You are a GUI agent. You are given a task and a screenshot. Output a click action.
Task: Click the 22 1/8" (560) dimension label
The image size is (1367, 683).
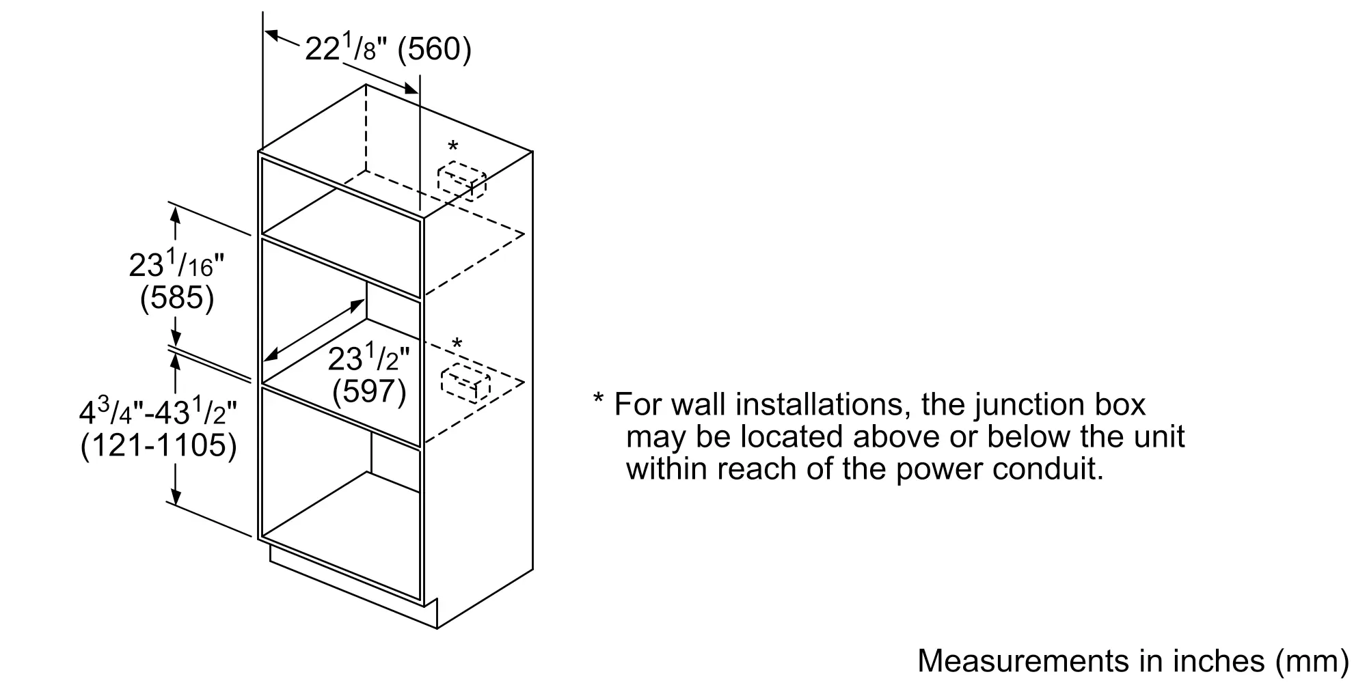[388, 49]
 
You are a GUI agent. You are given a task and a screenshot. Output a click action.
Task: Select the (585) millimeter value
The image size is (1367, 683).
[177, 298]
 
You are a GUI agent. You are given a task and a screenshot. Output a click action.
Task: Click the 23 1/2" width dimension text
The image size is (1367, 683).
[369, 358]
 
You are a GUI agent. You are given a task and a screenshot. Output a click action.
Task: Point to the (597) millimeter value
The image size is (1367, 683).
[369, 391]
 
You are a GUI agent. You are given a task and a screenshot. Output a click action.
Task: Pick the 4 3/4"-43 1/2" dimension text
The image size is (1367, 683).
[159, 413]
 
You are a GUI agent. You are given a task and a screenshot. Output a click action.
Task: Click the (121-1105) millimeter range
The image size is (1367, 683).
[159, 446]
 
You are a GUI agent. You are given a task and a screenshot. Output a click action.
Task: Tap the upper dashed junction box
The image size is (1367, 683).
[462, 180]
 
